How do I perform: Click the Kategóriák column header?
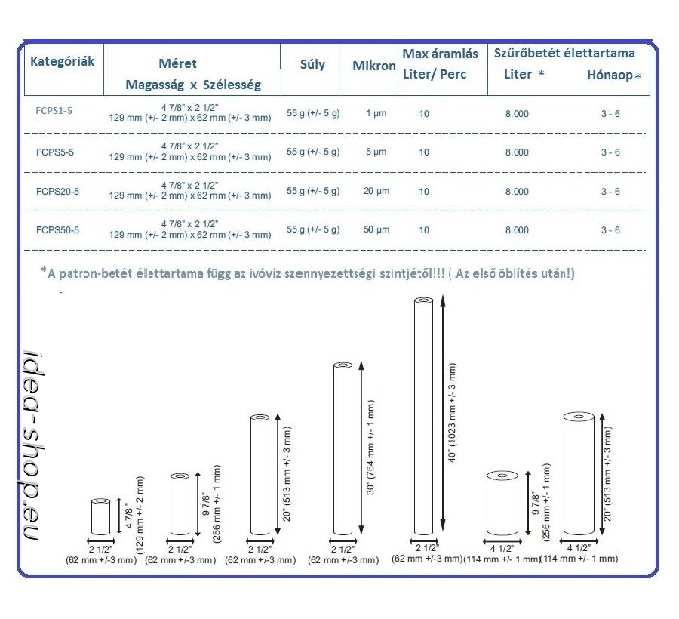(x=62, y=62)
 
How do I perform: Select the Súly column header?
(x=312, y=64)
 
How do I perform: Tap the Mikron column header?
(x=374, y=66)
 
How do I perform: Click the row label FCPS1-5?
(x=54, y=112)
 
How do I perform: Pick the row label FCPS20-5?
(x=57, y=192)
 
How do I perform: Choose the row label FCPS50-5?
(x=57, y=230)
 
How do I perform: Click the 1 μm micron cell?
(x=376, y=113)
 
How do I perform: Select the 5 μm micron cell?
(x=376, y=152)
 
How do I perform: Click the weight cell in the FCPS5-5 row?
(x=313, y=152)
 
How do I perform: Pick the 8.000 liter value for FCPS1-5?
(x=517, y=113)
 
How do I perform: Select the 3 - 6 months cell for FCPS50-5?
(x=610, y=229)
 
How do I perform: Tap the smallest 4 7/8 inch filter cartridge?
(x=100, y=516)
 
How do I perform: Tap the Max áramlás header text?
(x=440, y=54)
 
